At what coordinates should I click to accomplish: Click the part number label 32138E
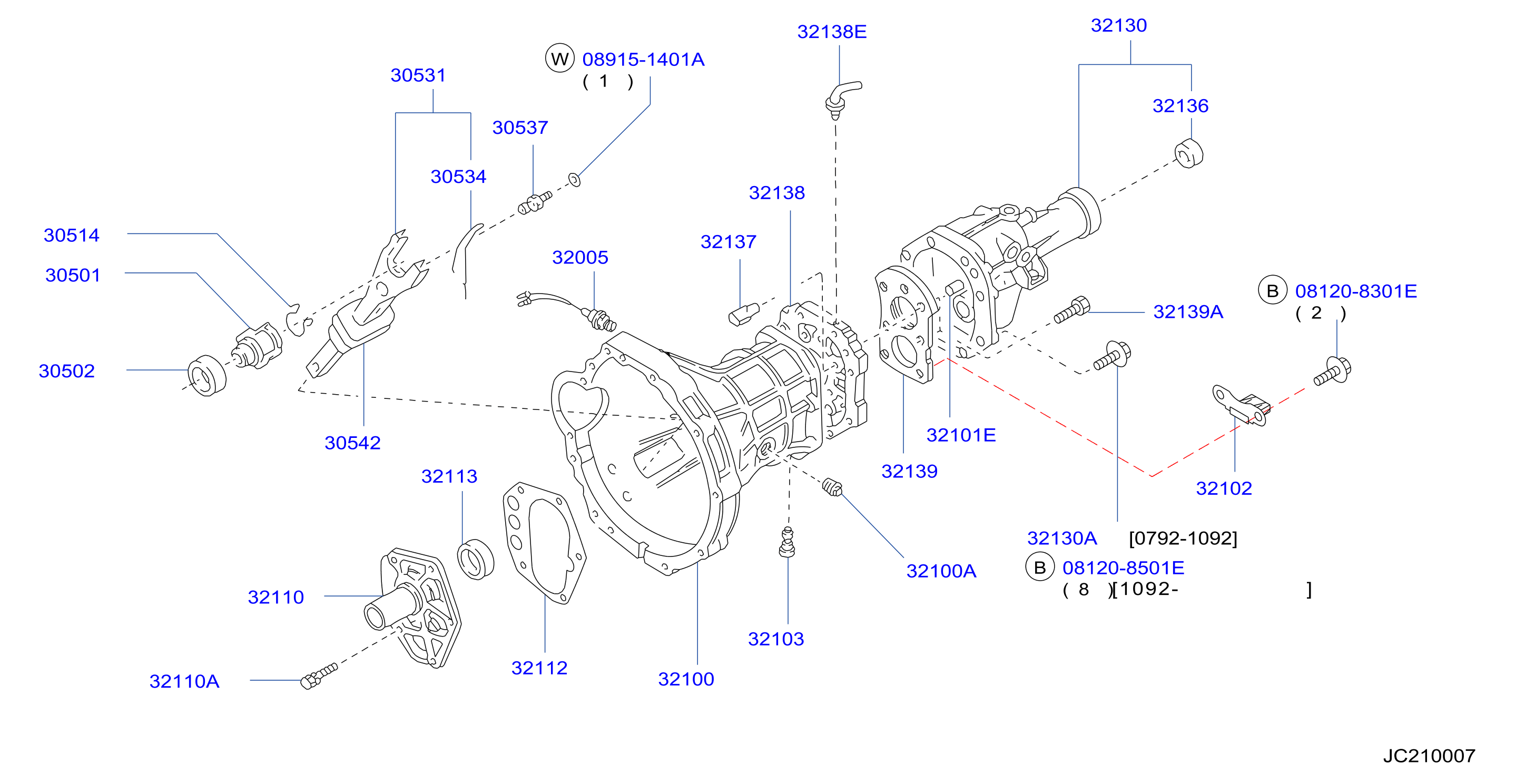tap(832, 32)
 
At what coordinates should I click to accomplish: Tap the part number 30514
tap(72, 236)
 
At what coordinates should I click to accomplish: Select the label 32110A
tap(184, 681)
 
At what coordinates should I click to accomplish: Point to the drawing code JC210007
tap(1429, 756)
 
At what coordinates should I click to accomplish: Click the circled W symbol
tap(559, 58)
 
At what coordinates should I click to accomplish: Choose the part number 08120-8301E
tap(1356, 291)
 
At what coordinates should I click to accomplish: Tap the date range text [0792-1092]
tap(1183, 538)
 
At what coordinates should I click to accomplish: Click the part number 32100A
tap(941, 572)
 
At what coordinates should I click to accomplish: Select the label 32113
tap(449, 476)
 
